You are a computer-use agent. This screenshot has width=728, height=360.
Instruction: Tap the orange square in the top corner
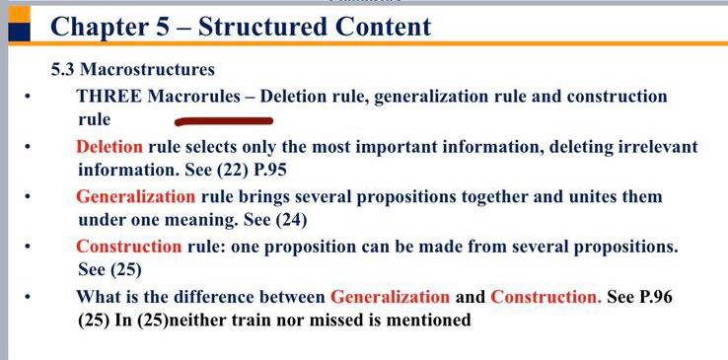19,15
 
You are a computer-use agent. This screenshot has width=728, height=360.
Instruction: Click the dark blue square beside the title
19,32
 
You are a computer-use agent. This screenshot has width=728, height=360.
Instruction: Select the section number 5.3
63,70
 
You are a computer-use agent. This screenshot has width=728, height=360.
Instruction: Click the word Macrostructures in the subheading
148,70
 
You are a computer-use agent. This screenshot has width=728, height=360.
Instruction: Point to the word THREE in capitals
109,97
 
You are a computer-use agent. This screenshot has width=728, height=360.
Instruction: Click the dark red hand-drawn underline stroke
224,121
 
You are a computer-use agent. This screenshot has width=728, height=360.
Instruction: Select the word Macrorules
194,97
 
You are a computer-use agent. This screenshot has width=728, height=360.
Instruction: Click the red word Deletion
109,147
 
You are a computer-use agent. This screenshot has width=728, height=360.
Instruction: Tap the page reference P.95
270,170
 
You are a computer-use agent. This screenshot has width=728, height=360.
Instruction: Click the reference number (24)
292,220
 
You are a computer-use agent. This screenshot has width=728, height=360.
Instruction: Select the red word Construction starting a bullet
129,247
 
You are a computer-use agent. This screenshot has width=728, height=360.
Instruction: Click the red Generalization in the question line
390,297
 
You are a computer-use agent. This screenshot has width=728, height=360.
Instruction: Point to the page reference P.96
656,297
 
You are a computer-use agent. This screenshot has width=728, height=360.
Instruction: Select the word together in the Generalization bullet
494,197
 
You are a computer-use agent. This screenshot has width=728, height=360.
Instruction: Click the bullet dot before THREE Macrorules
28,97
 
